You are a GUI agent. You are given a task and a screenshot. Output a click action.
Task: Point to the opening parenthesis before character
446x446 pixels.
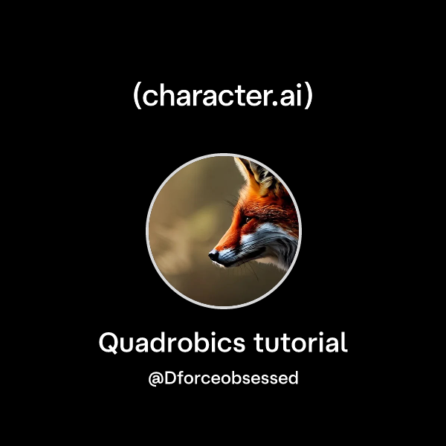(138, 97)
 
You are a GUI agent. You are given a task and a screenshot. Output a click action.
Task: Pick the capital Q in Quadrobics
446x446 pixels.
(109, 343)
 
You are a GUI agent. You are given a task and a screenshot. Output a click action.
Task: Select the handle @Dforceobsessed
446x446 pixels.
(223, 378)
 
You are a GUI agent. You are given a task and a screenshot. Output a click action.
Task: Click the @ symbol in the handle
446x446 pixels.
(156, 378)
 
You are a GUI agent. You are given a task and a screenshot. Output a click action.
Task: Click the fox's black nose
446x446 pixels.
(213, 255)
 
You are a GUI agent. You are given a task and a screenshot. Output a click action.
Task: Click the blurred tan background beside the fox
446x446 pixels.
(178, 223)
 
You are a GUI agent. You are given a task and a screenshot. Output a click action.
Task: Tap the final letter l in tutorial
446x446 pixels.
(343, 343)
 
